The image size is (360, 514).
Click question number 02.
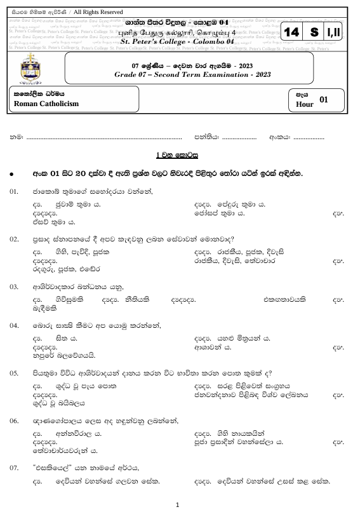(x=14, y=239)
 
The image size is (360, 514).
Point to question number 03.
(x=14, y=287)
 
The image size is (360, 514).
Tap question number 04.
(x=14, y=325)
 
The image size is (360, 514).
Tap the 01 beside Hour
(x=324, y=99)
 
